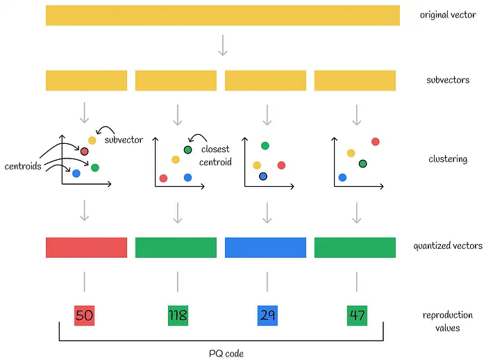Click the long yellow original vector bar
pyautogui.click(x=222, y=15)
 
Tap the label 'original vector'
pyautogui.click(x=448, y=15)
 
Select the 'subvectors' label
pyautogui.click(x=448, y=80)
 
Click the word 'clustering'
pyautogui.click(x=448, y=159)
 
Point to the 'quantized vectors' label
pyautogui.click(x=448, y=245)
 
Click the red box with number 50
pyautogui.click(x=84, y=316)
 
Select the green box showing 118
pyautogui.click(x=178, y=316)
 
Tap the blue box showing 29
pyautogui.click(x=267, y=316)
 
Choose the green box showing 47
pyautogui.click(x=357, y=316)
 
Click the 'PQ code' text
pyautogui.click(x=226, y=353)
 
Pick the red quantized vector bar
pyautogui.click(x=86, y=247)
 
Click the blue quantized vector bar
pyautogui.click(x=265, y=247)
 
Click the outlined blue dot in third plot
pyautogui.click(x=263, y=177)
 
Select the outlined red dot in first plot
pyautogui.click(x=85, y=151)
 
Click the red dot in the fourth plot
pyautogui.click(x=376, y=142)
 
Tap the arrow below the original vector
pyautogui.click(x=222, y=45)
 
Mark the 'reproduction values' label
pyautogui.click(x=448, y=321)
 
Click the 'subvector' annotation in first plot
pyautogui.click(x=124, y=140)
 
